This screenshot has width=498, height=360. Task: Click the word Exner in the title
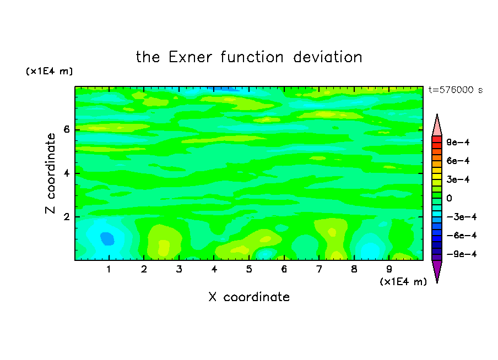click(190, 57)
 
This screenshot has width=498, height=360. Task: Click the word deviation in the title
click(328, 57)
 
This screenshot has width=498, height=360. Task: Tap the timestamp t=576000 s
click(456, 90)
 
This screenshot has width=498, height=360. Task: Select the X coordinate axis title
click(249, 297)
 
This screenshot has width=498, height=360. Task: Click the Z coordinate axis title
click(51, 173)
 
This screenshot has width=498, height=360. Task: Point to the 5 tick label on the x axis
click(249, 269)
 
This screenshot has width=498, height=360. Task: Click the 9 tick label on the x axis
click(389, 269)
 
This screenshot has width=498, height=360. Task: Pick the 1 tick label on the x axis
click(109, 269)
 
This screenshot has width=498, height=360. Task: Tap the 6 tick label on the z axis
click(67, 129)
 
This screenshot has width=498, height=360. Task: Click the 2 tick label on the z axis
click(67, 217)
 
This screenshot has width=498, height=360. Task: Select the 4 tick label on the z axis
click(67, 173)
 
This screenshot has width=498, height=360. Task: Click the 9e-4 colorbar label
click(458, 142)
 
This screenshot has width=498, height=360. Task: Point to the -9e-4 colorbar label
click(462, 254)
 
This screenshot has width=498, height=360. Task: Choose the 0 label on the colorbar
click(449, 198)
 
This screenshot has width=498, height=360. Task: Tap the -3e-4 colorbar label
click(462, 217)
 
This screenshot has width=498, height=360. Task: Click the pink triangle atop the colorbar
click(437, 127)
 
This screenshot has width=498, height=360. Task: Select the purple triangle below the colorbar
click(437, 269)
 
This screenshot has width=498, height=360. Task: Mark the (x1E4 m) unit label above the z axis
click(49, 71)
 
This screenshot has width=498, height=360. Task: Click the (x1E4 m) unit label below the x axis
click(403, 282)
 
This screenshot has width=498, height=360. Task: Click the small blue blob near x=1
click(107, 238)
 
